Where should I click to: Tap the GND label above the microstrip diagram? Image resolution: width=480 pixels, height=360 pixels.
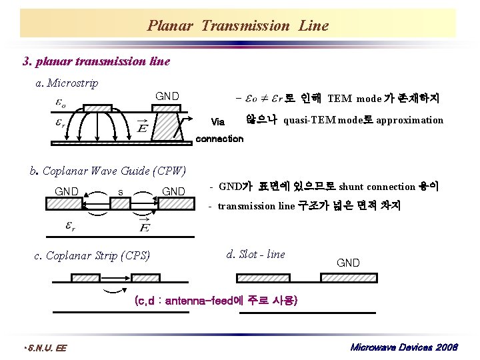167,97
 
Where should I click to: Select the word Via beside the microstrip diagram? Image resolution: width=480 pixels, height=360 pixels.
217,122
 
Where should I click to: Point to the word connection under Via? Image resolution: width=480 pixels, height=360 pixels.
219,139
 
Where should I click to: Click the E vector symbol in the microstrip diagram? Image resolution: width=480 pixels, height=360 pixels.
142,126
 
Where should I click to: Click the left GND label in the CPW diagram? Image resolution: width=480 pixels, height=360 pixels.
67,191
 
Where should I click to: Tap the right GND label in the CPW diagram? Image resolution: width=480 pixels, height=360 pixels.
174,191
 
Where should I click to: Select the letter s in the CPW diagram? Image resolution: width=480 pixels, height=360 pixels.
120,191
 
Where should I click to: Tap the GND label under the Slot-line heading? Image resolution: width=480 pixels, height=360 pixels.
348,263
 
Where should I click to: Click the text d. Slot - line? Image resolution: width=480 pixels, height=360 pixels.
255,254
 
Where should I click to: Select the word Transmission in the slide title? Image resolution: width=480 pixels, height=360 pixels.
245,26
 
